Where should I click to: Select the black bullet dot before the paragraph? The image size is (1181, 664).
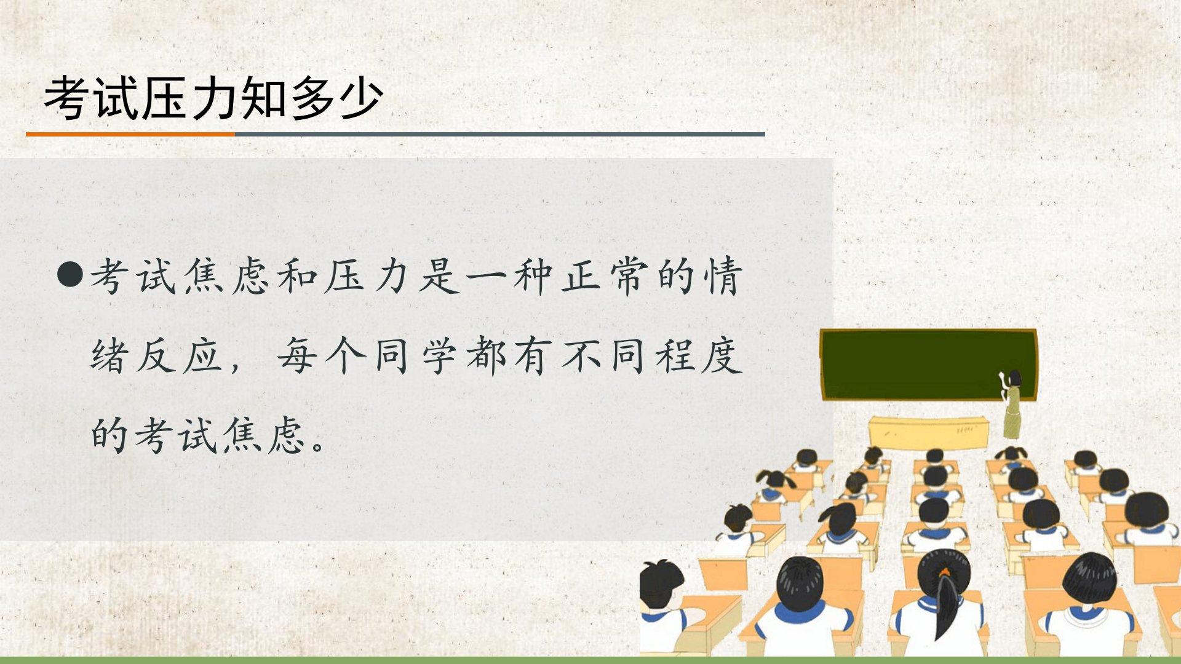(70, 275)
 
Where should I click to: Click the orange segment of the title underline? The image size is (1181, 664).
(130, 134)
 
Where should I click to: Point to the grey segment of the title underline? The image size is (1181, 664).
(500, 134)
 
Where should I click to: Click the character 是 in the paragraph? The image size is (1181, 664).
(440, 276)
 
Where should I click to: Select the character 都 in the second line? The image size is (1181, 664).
(487, 356)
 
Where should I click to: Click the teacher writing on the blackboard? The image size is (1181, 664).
(1011, 403)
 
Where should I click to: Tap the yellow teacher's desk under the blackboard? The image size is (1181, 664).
(929, 433)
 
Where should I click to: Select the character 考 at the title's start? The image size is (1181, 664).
(67, 98)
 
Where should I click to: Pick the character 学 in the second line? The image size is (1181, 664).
(439, 356)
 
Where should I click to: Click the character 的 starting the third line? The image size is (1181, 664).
(109, 435)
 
